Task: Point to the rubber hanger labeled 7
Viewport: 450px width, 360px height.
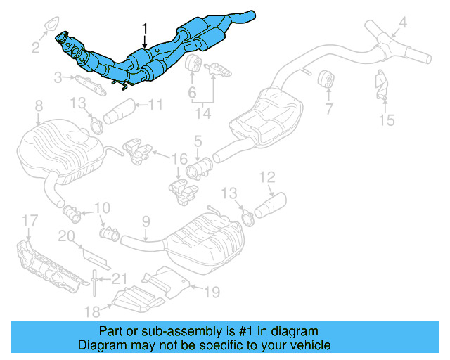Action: coord(326,80)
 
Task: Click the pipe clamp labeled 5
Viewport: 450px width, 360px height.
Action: coord(200,169)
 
